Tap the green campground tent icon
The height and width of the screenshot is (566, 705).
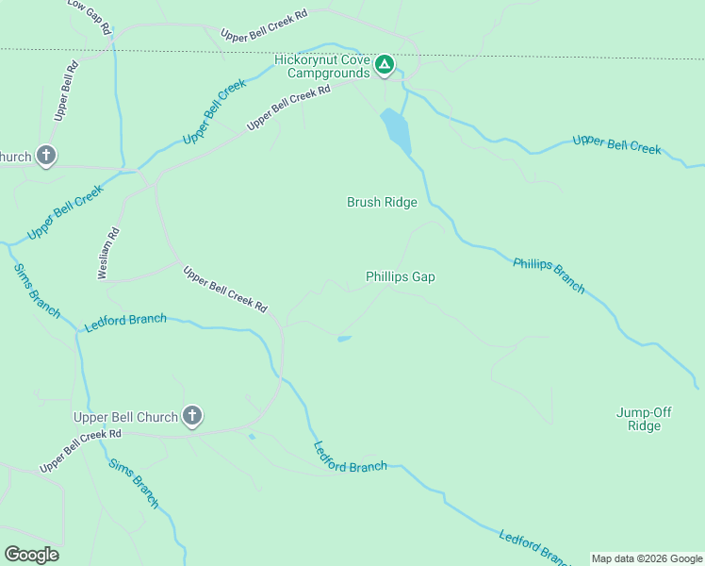click(384, 65)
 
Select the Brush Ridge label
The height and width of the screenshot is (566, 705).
click(382, 202)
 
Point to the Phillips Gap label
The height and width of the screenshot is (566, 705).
click(401, 276)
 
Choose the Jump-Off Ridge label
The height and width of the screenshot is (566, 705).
click(638, 419)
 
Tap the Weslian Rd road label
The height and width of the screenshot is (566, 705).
click(108, 253)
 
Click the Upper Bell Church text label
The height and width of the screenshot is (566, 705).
click(126, 417)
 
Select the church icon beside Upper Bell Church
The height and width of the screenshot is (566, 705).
click(192, 416)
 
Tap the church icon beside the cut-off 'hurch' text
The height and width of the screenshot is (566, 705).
click(46, 156)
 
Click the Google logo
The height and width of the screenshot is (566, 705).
click(32, 555)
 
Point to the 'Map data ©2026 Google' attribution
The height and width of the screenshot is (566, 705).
click(647, 558)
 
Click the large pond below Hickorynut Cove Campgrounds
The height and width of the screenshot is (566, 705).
click(396, 130)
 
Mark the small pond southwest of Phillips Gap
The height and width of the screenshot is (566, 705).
click(344, 339)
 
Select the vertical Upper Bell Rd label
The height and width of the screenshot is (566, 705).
click(64, 92)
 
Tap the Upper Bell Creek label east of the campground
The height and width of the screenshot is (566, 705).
click(616, 145)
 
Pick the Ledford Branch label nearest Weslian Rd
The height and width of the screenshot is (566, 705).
click(125, 322)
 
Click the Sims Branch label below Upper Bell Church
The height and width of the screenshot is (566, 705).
click(134, 483)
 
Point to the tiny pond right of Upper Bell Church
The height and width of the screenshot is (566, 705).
click(251, 436)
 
